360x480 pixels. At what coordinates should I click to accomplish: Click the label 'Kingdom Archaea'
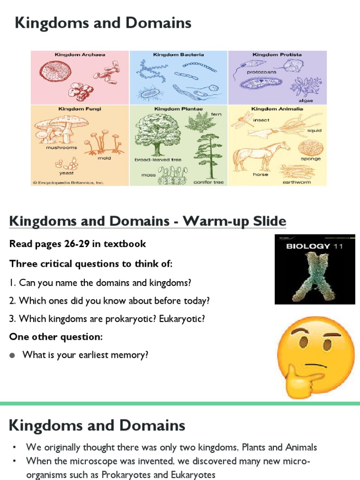tap(80, 55)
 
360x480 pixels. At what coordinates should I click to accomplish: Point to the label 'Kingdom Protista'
tap(277, 55)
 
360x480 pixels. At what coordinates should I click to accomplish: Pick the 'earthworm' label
tap(296, 182)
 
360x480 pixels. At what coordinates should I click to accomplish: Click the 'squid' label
tap(314, 131)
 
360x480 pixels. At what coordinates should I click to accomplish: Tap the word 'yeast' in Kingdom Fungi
tap(67, 173)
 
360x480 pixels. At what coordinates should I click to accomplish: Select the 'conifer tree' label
tap(209, 182)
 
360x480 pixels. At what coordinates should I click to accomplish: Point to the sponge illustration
tap(310, 147)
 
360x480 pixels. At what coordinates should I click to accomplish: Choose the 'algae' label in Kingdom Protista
tap(305, 100)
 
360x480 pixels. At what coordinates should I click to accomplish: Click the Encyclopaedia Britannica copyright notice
tap(68, 182)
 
